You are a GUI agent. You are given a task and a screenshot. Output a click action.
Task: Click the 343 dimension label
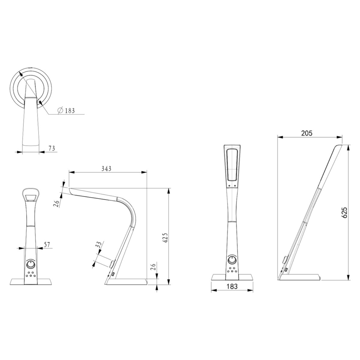pos(106,168)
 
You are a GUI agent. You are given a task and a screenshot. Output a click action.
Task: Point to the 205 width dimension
pos(307,133)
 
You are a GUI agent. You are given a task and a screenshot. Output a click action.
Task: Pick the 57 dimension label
pos(47,245)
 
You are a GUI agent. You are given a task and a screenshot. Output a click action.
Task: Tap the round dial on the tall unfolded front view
pos(231,260)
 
